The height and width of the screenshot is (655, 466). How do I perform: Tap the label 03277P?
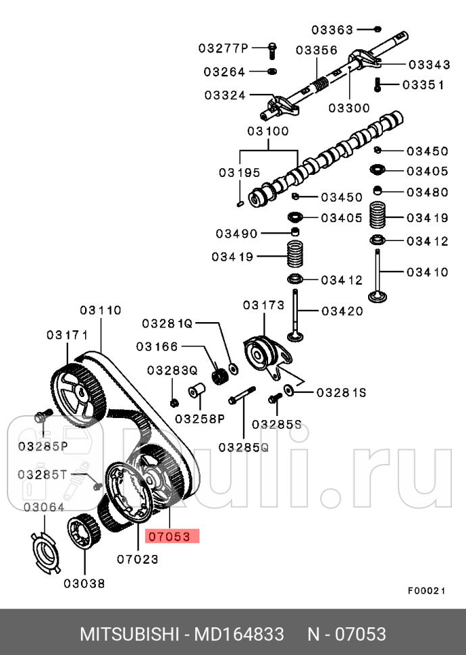click(x=224, y=48)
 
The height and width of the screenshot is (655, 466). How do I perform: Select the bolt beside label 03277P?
click(x=271, y=49)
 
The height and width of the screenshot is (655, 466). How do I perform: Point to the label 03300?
click(x=349, y=107)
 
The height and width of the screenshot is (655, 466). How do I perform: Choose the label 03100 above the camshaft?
click(x=267, y=131)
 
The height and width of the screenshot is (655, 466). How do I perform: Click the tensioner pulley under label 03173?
click(x=259, y=352)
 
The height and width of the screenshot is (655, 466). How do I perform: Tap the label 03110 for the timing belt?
click(x=101, y=311)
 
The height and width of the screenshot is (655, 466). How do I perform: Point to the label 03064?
click(x=44, y=507)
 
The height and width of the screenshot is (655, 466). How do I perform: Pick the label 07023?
click(x=137, y=559)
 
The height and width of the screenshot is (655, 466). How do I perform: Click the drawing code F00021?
click(x=426, y=590)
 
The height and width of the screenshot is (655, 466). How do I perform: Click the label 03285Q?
click(x=243, y=446)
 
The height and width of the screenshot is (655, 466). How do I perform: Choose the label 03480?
click(x=428, y=192)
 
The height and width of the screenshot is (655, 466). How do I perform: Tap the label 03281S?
click(x=341, y=392)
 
